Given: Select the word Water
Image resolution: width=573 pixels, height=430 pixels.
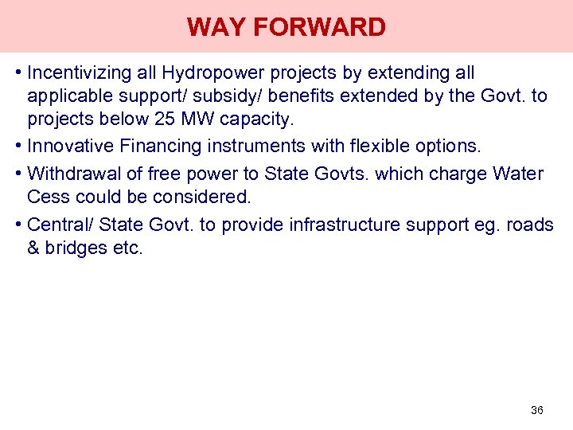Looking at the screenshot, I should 518,174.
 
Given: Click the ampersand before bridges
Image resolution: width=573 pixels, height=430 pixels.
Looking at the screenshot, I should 33,248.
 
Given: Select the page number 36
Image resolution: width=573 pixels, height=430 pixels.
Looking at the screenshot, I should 536,410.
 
